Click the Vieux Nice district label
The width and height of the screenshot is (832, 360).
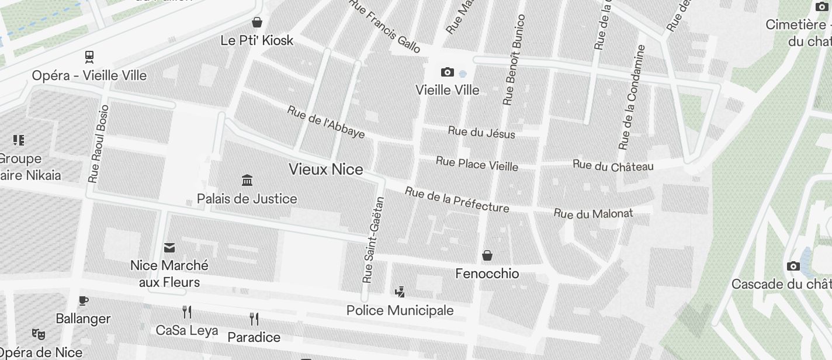click(x=325, y=169)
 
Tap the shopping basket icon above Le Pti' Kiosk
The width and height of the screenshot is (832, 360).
click(x=256, y=23)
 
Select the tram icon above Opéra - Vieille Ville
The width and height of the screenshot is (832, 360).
click(x=89, y=57)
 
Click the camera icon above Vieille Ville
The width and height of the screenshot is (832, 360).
click(x=447, y=72)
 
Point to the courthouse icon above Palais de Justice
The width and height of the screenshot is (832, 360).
click(x=247, y=180)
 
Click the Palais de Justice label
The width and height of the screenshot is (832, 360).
click(x=247, y=199)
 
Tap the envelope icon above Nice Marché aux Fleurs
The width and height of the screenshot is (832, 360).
click(x=169, y=248)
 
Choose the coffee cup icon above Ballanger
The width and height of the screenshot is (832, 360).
click(x=83, y=301)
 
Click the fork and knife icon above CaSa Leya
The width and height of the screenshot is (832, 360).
click(x=187, y=312)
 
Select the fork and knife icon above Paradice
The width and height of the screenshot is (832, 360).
click(x=254, y=319)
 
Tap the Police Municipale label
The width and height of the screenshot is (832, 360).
click(x=400, y=310)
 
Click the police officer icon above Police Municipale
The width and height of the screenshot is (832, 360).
click(x=400, y=292)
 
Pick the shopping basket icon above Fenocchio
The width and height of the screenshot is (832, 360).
click(x=487, y=255)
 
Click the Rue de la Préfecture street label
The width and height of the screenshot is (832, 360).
click(x=457, y=200)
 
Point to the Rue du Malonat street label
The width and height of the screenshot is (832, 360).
click(x=593, y=214)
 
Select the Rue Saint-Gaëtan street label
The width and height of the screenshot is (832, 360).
click(x=374, y=240)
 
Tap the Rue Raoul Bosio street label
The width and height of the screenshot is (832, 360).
click(x=98, y=144)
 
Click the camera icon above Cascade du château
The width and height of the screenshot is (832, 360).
click(x=793, y=266)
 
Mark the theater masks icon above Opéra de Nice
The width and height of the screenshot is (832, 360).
click(x=39, y=334)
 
